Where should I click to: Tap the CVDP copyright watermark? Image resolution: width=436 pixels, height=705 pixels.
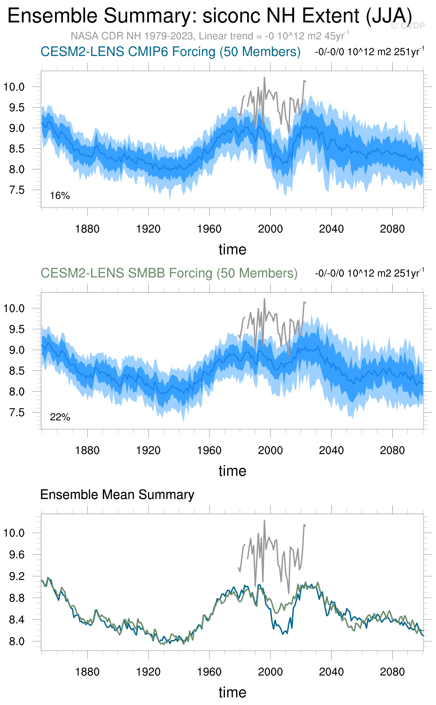[408, 26]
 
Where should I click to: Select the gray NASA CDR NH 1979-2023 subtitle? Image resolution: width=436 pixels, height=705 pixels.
[210, 36]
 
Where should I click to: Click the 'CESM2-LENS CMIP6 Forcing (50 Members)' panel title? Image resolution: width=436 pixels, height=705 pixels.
[170, 52]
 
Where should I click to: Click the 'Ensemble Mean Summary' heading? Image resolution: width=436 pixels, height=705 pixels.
[117, 494]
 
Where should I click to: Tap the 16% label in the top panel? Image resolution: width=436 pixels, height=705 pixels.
[60, 196]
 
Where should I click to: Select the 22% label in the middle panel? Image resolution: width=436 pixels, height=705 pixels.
[60, 417]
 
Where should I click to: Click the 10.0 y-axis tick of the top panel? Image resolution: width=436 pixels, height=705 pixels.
[14, 86]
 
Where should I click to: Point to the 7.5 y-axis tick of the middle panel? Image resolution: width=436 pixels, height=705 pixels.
[17, 413]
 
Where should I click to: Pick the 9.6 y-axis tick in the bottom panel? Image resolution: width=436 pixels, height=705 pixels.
[17, 554]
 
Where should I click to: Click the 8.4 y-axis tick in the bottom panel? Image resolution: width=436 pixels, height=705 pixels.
[17, 619]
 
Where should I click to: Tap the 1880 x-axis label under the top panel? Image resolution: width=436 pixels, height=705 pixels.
[87, 229]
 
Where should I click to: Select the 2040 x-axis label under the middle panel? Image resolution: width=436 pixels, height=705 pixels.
[331, 450]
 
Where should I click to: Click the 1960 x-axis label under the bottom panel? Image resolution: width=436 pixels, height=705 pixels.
[209, 672]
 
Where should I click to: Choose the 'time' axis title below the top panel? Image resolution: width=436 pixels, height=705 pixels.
[232, 249]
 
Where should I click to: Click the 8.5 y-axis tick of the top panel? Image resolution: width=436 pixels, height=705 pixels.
[17, 149]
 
